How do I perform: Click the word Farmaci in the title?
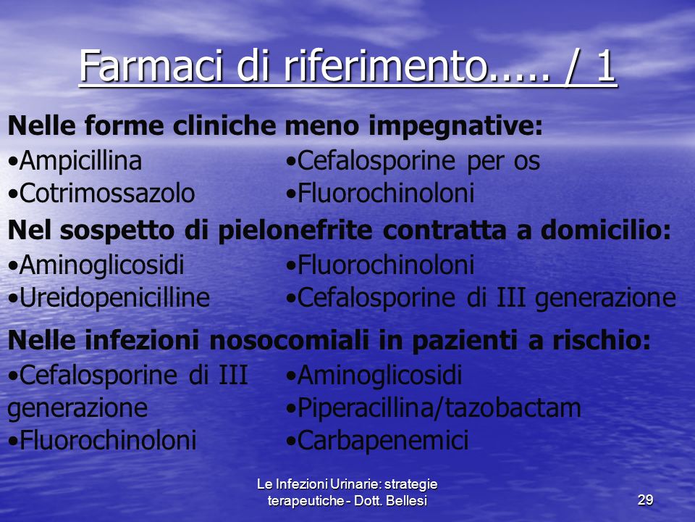pos(151,66)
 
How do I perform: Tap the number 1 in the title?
pos(605,66)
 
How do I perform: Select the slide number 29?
pos(645,500)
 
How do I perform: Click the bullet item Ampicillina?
pos(75,160)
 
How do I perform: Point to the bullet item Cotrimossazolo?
pos(101,193)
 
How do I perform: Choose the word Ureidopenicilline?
pos(109,298)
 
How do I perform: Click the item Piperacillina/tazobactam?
pos(434,407)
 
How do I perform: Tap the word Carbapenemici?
pos(378,440)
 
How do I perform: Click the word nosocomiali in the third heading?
pos(289,341)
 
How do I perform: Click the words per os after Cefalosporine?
pos(504,162)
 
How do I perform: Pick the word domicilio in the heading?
pos(606,230)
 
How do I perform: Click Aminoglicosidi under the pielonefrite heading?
pos(96,265)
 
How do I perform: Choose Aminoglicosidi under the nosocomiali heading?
pos(374,376)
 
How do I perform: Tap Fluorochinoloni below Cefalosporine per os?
pos(380,193)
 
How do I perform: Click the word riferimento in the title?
pos(384,66)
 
